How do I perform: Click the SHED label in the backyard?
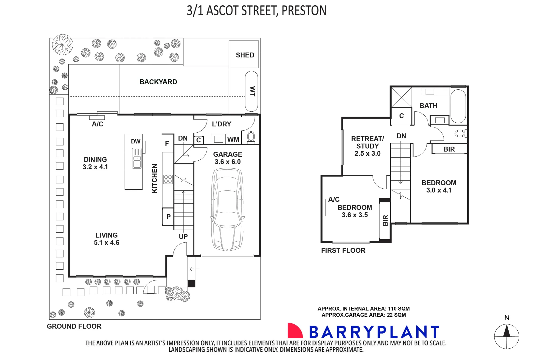pos(245,55)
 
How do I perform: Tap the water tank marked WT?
pos(251,91)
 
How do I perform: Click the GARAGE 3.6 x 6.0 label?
pos(227,158)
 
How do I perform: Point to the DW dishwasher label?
pos(135,141)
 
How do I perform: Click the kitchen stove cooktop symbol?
pos(168,179)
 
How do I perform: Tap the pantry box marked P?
pos(168,217)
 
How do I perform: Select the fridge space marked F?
pos(167,144)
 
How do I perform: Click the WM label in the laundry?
pos(233,140)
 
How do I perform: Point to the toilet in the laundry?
pos(251,137)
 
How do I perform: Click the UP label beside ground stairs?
pos(183,237)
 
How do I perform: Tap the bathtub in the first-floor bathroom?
pos(458,105)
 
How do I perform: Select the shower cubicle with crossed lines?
pos(401,97)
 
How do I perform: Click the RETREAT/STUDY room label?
pos(367,146)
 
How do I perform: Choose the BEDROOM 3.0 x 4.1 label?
pos(439,186)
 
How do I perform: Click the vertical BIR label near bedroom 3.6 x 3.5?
pos(385,220)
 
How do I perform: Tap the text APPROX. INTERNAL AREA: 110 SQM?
pos(363,309)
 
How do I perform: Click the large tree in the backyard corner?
pos(62,45)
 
